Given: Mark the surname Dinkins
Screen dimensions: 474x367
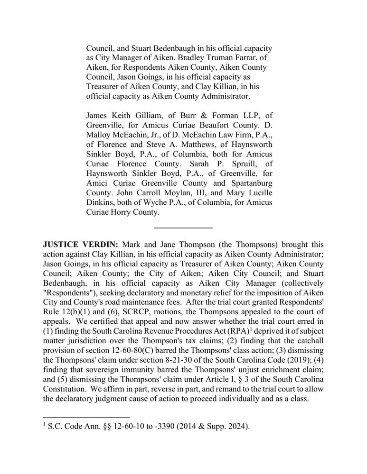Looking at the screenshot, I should click(x=101, y=203).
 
